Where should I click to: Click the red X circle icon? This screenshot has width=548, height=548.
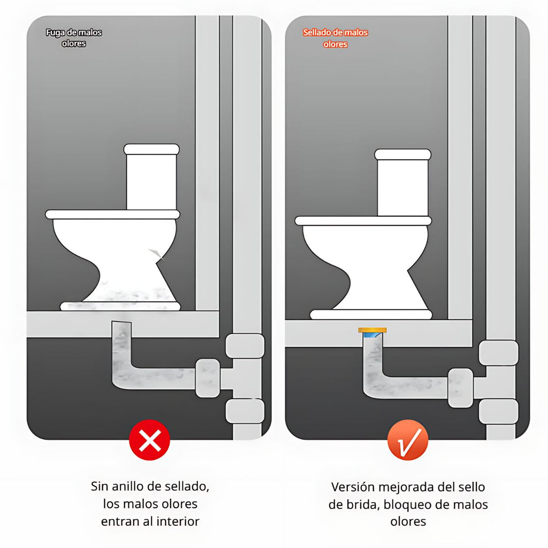pyautogui.click(x=150, y=440)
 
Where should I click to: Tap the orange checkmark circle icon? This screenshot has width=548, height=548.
pyautogui.click(x=408, y=440)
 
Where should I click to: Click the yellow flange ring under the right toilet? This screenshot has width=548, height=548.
pyautogui.click(x=372, y=330)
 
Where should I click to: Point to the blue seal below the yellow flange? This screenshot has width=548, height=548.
pyautogui.click(x=372, y=336)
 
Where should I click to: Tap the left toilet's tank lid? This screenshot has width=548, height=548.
pyautogui.click(x=151, y=149)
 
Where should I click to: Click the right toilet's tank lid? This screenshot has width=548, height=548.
pyautogui.click(x=402, y=155)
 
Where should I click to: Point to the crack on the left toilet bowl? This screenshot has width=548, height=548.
pyautogui.click(x=157, y=254)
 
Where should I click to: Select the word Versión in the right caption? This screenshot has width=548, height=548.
pyautogui.click(x=353, y=487)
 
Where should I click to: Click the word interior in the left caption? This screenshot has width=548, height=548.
pyautogui.click(x=178, y=521)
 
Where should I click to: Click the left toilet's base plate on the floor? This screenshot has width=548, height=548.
pyautogui.click(x=120, y=306)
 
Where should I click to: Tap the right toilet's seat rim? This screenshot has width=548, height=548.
pyautogui.click(x=363, y=220)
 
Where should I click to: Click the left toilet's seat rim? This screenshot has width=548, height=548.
pyautogui.click(x=112, y=214)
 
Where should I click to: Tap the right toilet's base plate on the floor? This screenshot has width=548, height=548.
pyautogui.click(x=371, y=314)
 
